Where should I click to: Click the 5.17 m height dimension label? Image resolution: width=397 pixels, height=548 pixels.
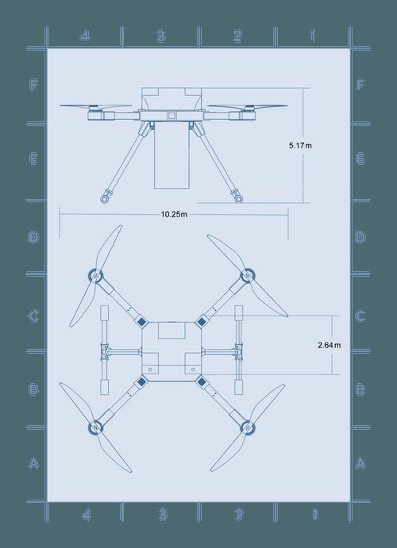(x=301, y=146)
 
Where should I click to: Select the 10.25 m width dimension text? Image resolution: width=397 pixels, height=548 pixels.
(x=174, y=214)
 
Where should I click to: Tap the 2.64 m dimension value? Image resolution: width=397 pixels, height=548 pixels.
(x=328, y=345)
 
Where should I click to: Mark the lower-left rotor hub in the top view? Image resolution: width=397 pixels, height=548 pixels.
(x=94, y=428)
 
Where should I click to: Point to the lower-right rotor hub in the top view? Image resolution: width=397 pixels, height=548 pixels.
(x=248, y=428)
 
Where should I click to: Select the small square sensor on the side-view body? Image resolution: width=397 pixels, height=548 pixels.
(x=171, y=116)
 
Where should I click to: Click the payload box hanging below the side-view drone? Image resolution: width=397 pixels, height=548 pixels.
(x=171, y=159)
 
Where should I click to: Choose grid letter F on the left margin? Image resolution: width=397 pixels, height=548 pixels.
(x=33, y=86)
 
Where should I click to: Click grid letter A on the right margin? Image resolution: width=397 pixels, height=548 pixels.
(x=360, y=463)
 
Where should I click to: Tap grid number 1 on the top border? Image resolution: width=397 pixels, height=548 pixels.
(x=313, y=36)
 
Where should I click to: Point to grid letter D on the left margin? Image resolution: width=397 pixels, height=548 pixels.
(x=33, y=238)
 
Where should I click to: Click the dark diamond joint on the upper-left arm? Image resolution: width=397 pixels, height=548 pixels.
(x=141, y=322)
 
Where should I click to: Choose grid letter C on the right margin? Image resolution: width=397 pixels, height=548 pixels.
(x=360, y=316)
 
